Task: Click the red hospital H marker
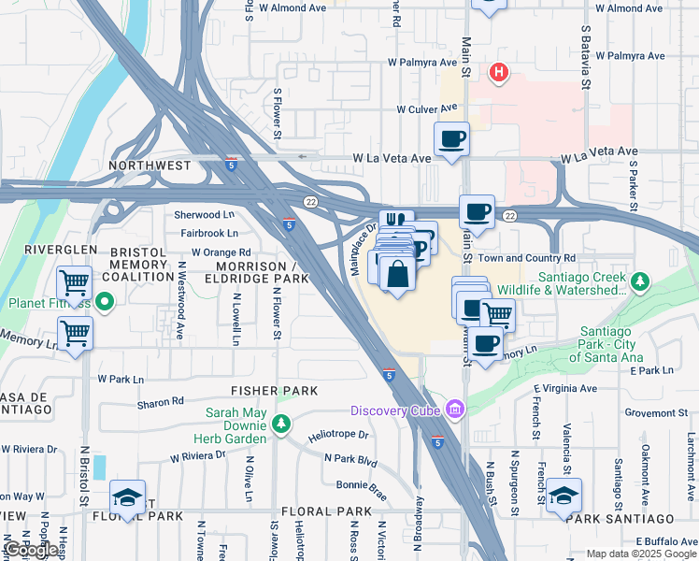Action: pos(499,72)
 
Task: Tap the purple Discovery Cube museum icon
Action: pos(455,410)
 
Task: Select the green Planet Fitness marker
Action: pos(105,302)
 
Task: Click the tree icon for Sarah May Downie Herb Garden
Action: pos(281,425)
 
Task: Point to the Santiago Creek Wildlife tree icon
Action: pos(639,280)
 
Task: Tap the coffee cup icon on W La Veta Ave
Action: pos(452,140)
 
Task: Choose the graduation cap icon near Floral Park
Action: pos(128,496)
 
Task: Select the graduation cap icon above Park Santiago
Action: pos(563,495)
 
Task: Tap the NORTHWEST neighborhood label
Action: pos(149,165)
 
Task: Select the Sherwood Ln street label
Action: pos(204,214)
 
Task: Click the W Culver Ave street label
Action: pos(426,109)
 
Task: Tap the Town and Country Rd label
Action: pos(526,258)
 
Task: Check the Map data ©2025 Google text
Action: pos(640,554)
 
